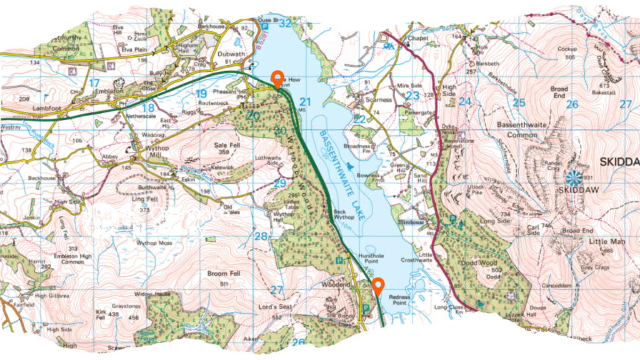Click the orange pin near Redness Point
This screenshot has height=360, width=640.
click(377, 287)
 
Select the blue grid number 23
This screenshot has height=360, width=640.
click(412, 95)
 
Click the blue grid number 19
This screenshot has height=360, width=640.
click(201, 94)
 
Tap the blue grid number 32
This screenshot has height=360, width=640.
click(286, 24)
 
